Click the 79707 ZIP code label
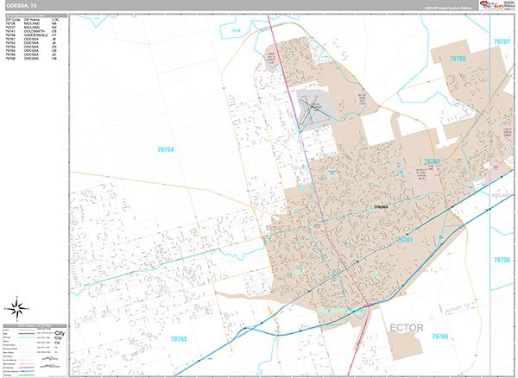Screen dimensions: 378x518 click(x=502, y=41)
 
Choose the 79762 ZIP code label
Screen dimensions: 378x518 click(x=432, y=161)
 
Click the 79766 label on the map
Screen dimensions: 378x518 click(x=441, y=337)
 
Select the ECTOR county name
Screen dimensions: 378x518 click(x=407, y=328)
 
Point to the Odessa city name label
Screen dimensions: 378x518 click(x=382, y=207)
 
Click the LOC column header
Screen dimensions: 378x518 click(x=54, y=19)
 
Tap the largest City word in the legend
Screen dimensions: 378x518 click(x=60, y=332)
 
